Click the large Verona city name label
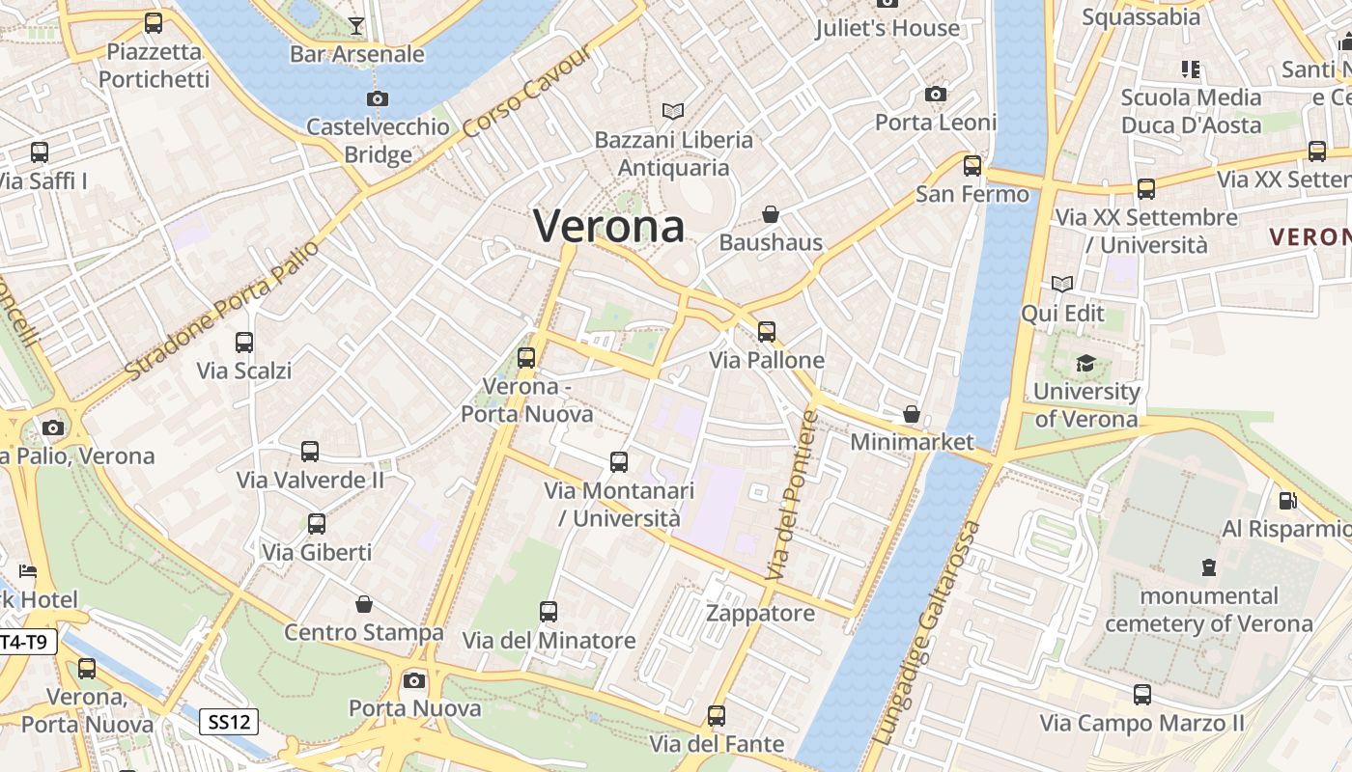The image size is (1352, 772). pyautogui.click(x=608, y=227)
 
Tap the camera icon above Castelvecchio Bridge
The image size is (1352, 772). pyautogui.click(x=378, y=98)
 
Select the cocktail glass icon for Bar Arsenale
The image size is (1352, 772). pyautogui.click(x=356, y=25)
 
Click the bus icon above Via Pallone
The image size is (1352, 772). pyautogui.click(x=767, y=332)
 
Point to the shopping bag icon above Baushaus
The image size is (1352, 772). pyautogui.click(x=771, y=213)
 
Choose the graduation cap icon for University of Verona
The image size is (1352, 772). pyautogui.click(x=1086, y=364)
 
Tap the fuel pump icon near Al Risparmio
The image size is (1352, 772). pyautogui.click(x=1287, y=500)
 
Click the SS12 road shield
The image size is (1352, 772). pyautogui.click(x=230, y=721)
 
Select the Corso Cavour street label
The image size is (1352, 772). pyautogui.click(x=526, y=91)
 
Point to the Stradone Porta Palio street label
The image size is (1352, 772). pyautogui.click(x=221, y=309)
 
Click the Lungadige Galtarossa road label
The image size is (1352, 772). pyautogui.click(x=926, y=633)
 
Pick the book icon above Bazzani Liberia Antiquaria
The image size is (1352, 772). pyautogui.click(x=673, y=111)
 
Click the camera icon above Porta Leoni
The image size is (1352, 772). pyautogui.click(x=935, y=94)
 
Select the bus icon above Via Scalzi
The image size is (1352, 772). pyautogui.click(x=244, y=342)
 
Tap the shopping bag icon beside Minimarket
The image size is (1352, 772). pyautogui.click(x=911, y=414)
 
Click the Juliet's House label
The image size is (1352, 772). pyautogui.click(x=887, y=28)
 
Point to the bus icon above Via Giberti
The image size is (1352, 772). pyautogui.click(x=316, y=524)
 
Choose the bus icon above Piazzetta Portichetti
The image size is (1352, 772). pyautogui.click(x=154, y=23)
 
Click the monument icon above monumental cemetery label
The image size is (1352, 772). pyautogui.click(x=1208, y=566)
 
